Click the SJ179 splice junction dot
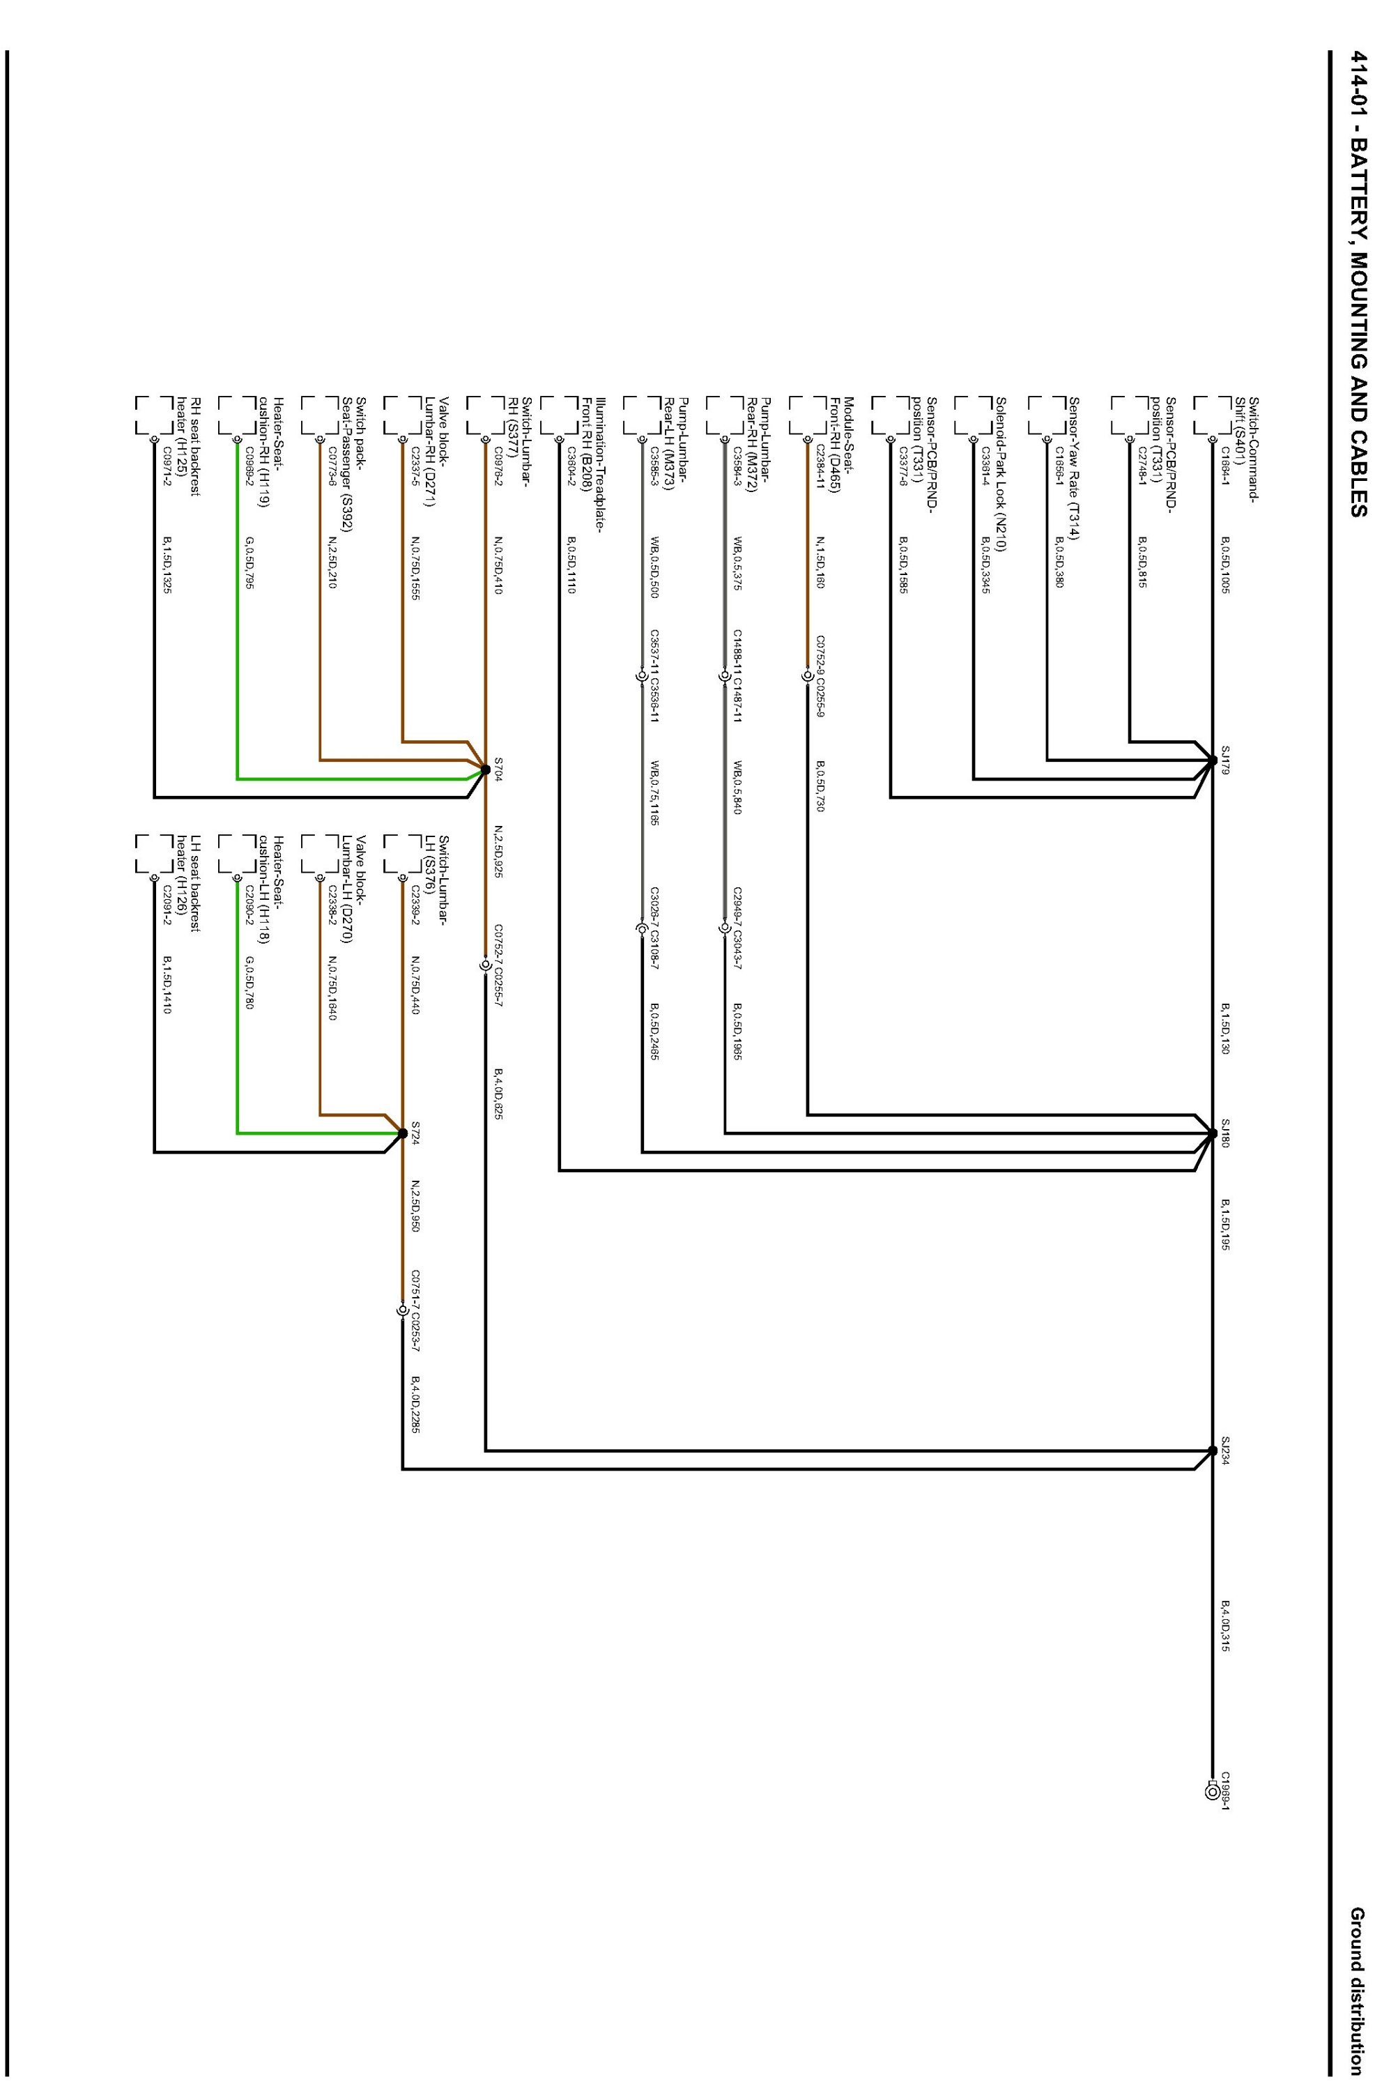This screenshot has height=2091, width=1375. click(x=1213, y=761)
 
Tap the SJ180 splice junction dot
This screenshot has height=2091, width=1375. click(x=1213, y=1133)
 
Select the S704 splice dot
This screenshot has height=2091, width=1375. click(x=485, y=770)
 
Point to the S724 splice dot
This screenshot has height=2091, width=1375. click(x=402, y=1133)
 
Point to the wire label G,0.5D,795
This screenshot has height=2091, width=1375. click(x=249, y=563)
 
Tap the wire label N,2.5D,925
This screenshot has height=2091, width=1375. click(x=498, y=853)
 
